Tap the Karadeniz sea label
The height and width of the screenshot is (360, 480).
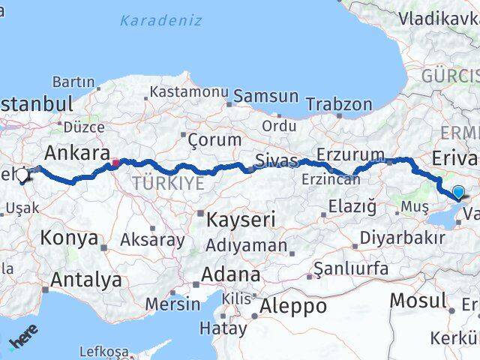161,20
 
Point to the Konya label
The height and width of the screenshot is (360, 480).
69,238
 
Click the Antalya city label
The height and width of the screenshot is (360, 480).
85,280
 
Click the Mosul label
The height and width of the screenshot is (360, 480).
418,301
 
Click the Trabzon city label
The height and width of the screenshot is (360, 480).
339,103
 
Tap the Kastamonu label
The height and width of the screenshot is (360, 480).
187,91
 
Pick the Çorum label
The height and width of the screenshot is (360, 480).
214,139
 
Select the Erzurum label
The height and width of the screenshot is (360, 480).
350,154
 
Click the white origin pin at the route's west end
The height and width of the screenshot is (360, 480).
22,175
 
